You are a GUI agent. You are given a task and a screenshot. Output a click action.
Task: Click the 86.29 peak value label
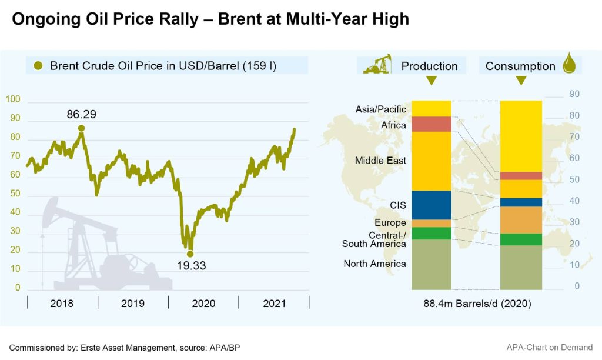point(81,114)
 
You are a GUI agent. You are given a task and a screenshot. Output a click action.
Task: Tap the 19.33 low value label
point(192,265)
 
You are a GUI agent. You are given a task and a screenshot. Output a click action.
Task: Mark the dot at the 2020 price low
point(190,254)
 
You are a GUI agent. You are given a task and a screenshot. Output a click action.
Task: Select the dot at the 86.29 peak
point(81,128)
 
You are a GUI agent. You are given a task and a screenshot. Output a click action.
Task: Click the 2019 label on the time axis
point(133,304)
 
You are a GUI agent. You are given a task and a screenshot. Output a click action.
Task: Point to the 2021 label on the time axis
point(274,304)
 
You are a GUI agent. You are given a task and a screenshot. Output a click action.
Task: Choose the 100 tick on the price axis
point(13,100)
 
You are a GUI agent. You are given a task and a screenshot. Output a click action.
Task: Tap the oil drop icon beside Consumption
point(569,64)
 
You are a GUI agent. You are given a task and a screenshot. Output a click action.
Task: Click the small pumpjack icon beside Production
point(377,64)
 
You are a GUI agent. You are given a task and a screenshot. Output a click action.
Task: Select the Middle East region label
point(380,161)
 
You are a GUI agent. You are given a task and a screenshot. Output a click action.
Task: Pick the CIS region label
point(398,205)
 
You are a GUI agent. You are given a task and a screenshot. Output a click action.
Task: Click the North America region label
point(374,264)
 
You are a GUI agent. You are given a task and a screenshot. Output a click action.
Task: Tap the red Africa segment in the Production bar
point(431,124)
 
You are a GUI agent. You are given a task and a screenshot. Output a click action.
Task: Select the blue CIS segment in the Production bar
point(431,205)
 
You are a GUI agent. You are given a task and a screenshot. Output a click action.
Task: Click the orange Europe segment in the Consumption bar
point(520,220)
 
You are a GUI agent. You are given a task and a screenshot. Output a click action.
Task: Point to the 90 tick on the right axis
point(574,94)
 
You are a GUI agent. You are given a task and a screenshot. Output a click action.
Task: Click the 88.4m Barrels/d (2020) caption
point(477,304)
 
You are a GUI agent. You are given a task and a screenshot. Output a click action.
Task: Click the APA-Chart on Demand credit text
point(549,347)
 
